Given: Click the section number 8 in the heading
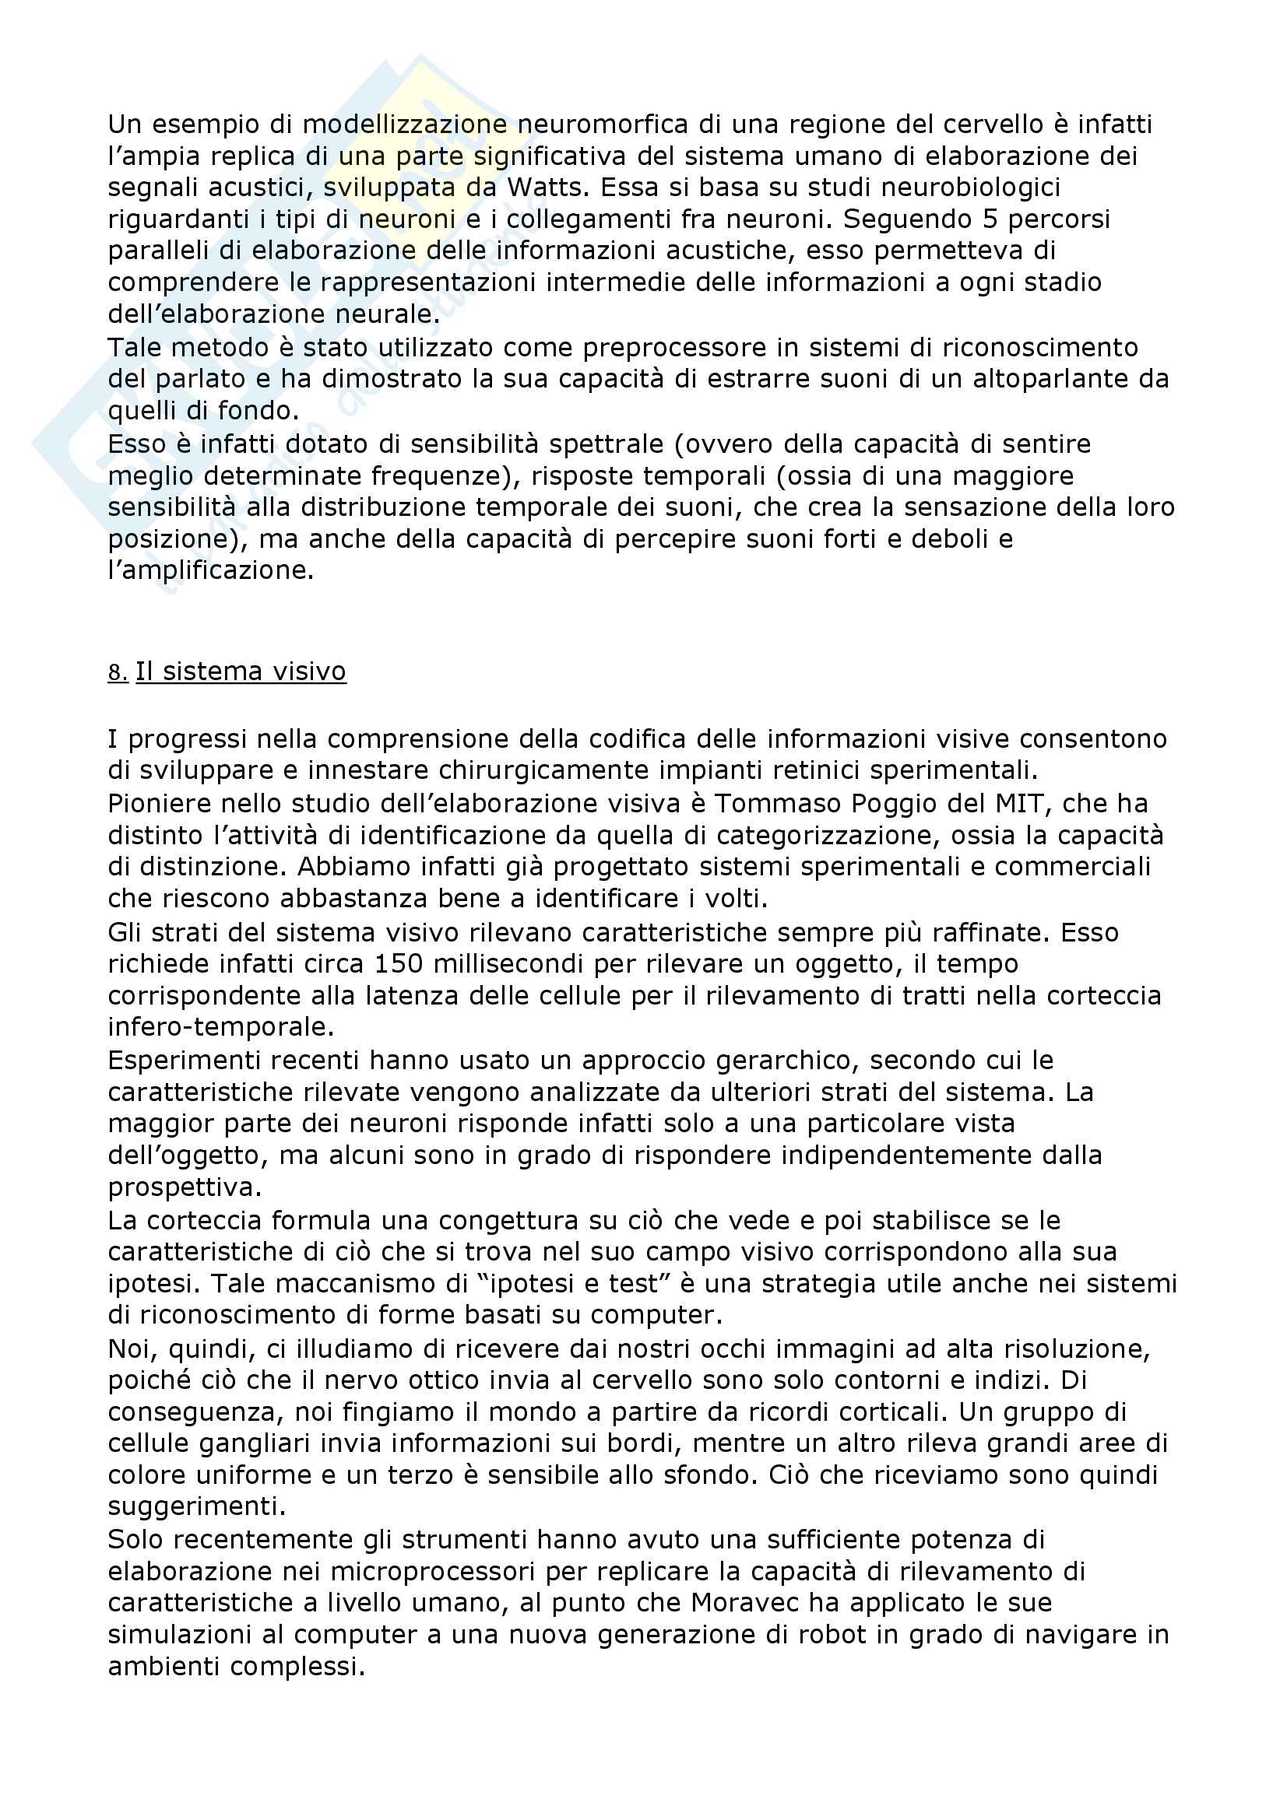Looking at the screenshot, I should click(x=116, y=672).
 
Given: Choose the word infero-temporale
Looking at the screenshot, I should click(x=220, y=1027).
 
